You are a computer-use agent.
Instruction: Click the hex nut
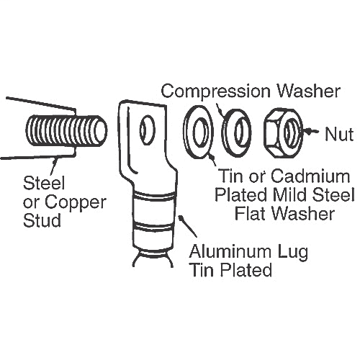coord(283,133)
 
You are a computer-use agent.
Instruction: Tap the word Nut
coord(339,134)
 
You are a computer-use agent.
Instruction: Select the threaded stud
coord(66,131)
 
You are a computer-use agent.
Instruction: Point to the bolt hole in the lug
coord(147,130)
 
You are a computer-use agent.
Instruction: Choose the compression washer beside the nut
coord(236,132)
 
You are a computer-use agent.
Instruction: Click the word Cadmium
coord(310,176)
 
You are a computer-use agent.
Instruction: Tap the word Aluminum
coord(230,252)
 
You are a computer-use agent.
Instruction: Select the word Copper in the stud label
coord(76,202)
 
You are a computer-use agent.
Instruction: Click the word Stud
coord(42,220)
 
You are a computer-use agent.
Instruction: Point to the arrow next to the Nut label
coord(312,131)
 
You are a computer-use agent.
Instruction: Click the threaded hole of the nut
coord(290,132)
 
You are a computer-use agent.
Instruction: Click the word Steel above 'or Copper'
coord(44,183)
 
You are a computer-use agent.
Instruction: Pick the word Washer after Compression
coord(309,91)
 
